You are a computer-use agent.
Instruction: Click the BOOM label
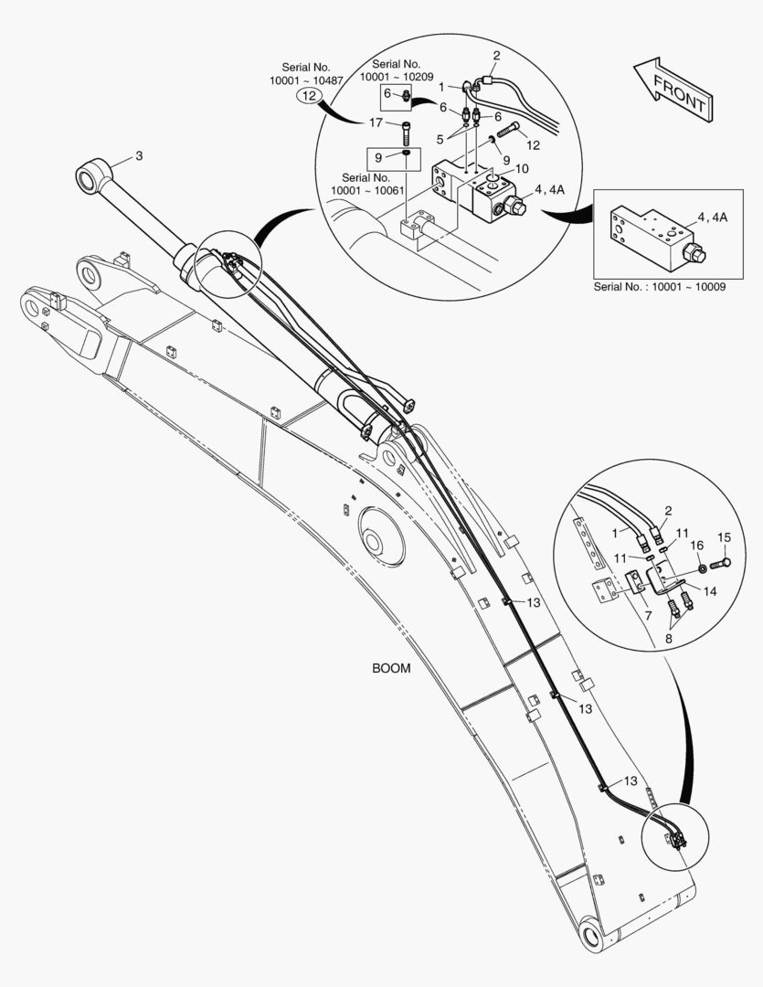(391, 668)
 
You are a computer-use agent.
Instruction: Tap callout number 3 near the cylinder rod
(139, 155)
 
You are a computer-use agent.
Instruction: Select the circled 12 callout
(310, 94)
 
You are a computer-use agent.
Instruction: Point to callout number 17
(376, 122)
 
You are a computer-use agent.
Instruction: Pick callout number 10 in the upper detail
(521, 169)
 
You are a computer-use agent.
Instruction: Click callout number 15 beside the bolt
(724, 536)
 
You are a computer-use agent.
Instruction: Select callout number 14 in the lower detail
(708, 591)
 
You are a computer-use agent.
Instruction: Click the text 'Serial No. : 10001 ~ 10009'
(659, 286)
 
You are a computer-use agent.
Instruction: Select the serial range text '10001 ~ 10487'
(304, 81)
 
